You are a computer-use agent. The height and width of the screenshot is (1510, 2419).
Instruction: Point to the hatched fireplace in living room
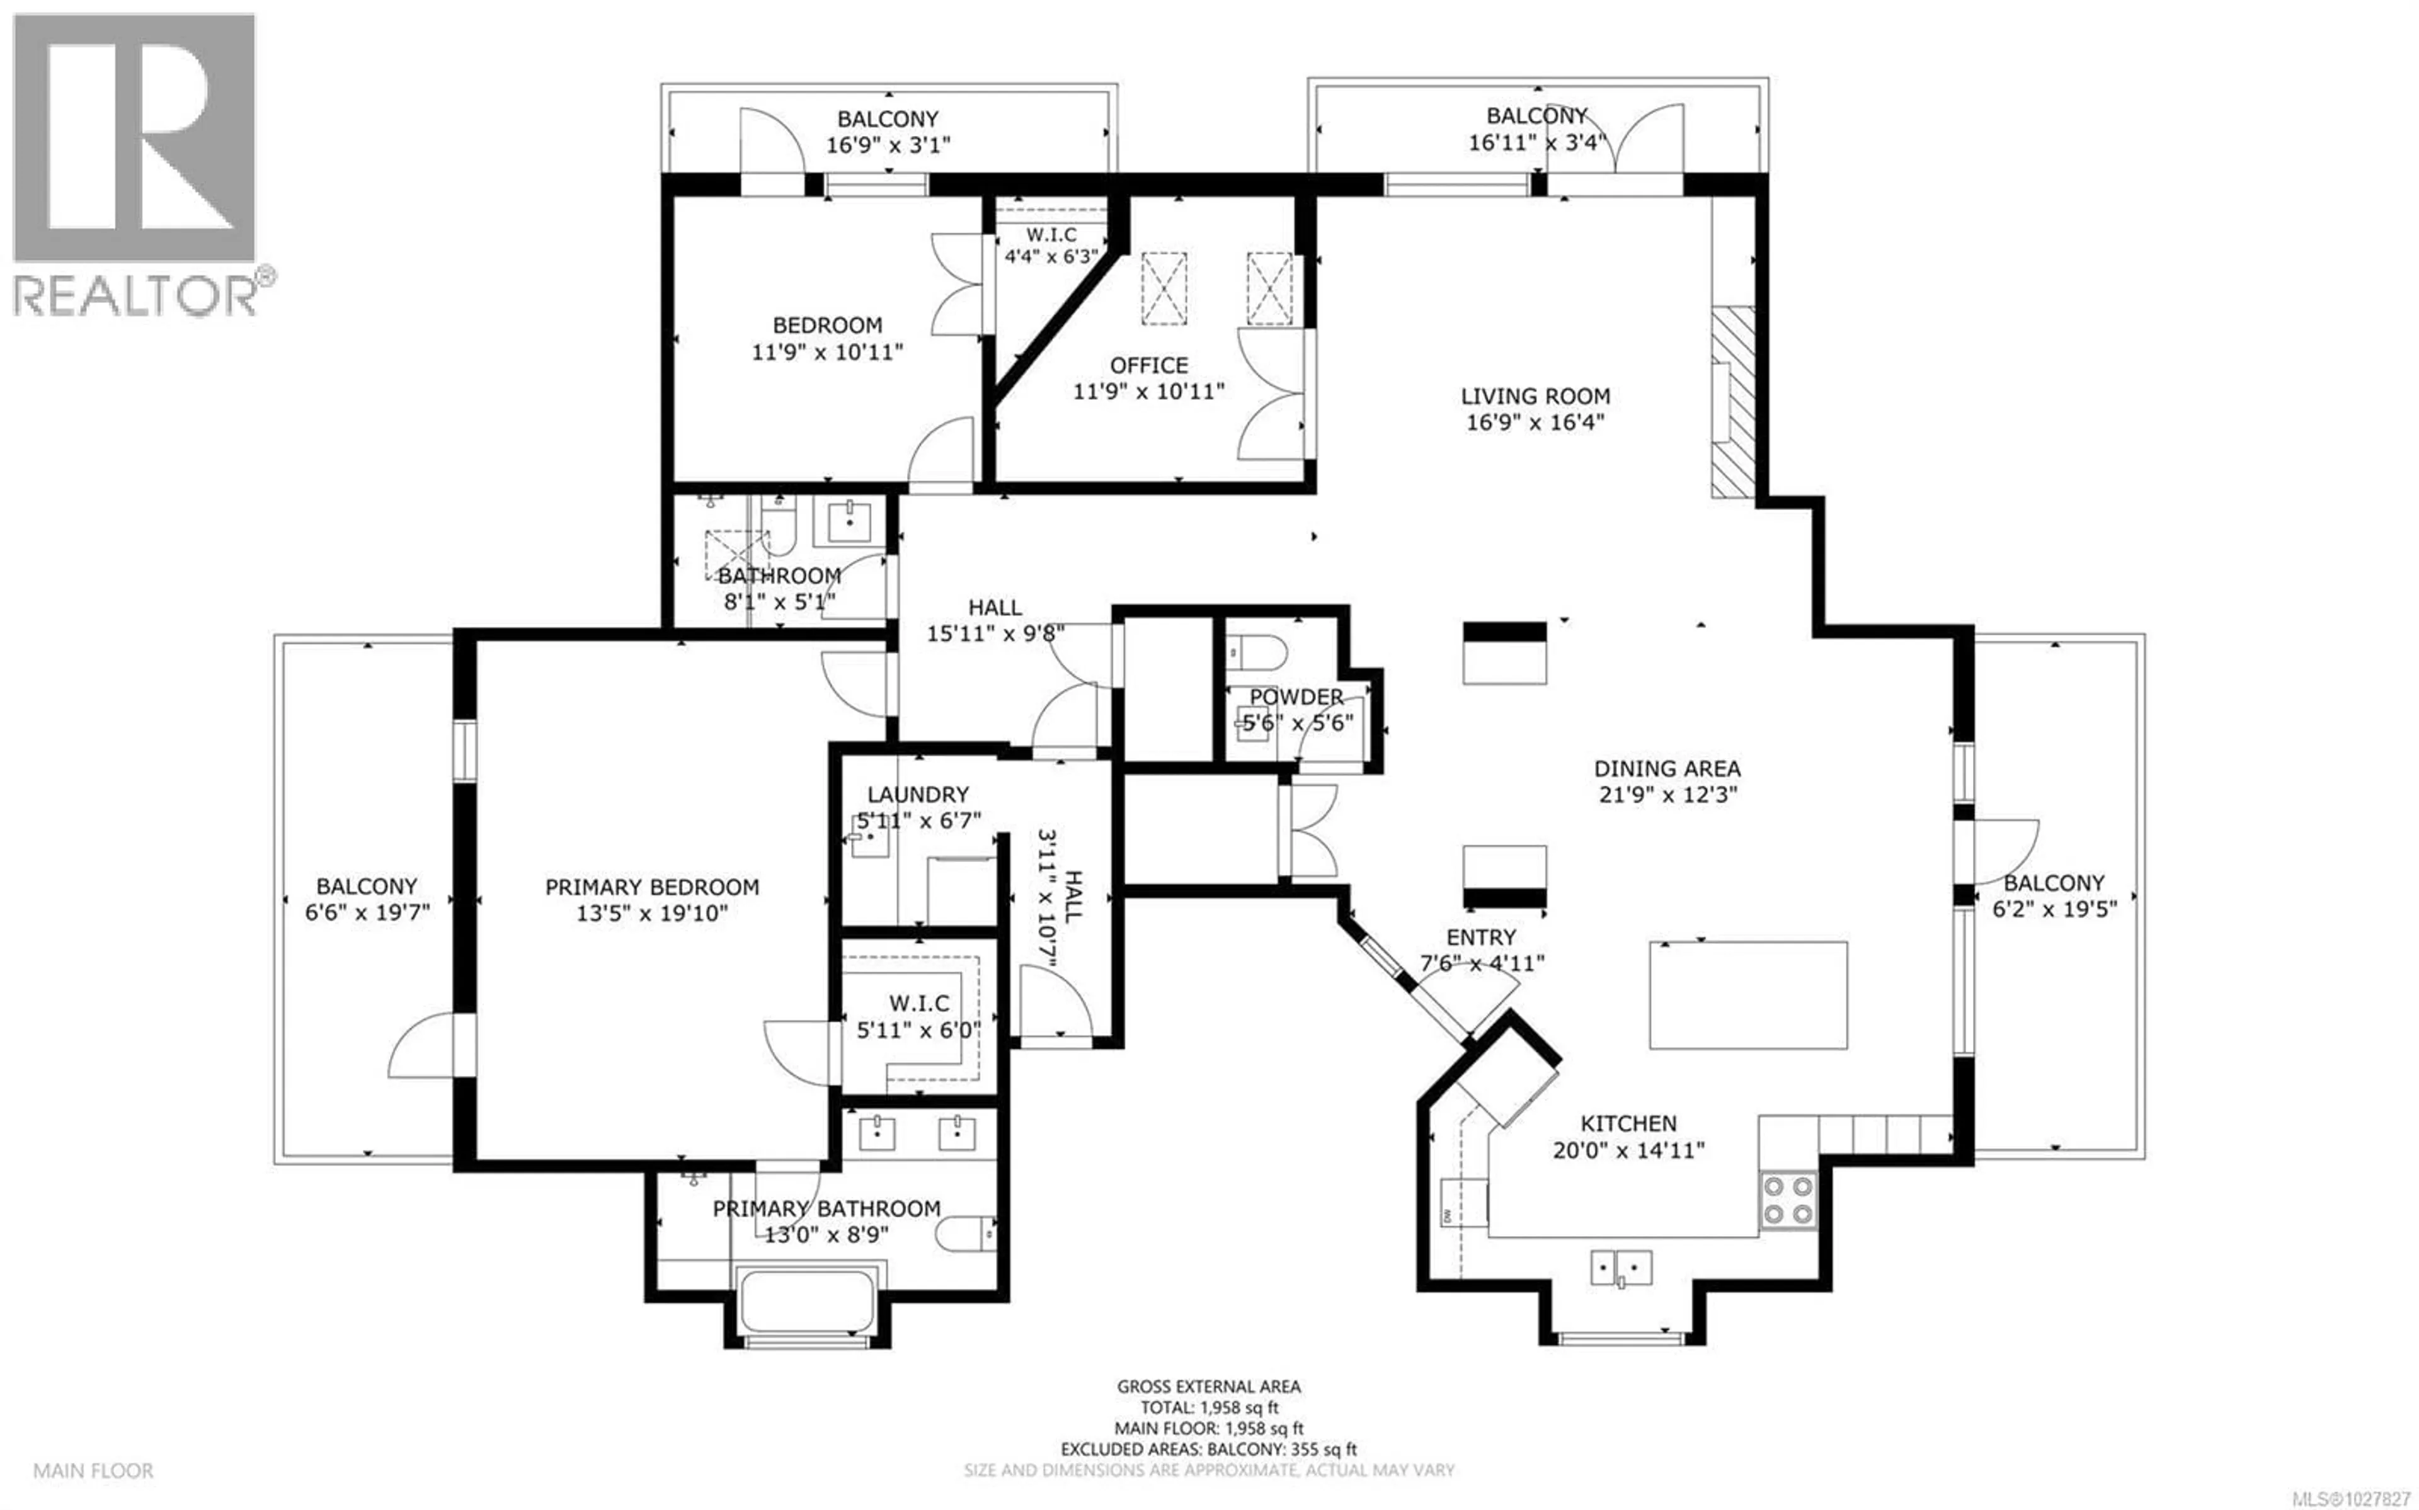point(1733,402)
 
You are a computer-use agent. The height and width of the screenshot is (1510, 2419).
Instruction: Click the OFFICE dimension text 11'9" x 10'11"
point(1148,392)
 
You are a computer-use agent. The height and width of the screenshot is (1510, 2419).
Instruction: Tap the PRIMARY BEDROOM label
point(651,887)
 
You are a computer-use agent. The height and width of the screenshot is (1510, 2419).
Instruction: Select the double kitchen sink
point(1620,1268)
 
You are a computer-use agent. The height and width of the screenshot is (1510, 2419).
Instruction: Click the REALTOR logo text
point(135,297)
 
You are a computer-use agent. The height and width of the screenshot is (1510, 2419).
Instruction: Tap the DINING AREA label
point(1666,769)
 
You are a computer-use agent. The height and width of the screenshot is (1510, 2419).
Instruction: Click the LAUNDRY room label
point(917,795)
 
